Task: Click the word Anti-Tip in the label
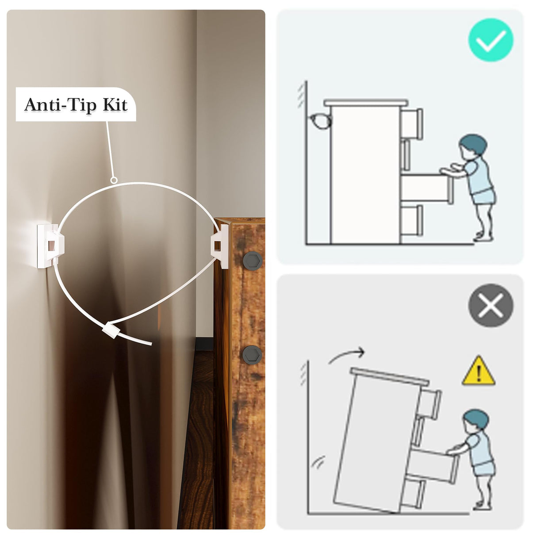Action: (x=61, y=104)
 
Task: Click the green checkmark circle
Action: (x=491, y=40)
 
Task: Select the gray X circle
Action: (x=491, y=305)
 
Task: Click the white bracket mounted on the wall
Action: (x=50, y=245)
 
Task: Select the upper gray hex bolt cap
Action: (x=253, y=260)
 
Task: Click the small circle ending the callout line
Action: (x=113, y=180)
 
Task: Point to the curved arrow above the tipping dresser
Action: (x=347, y=354)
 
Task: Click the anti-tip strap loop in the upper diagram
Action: (x=320, y=121)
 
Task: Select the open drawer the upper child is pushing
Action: (x=426, y=187)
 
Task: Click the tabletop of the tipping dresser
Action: (x=389, y=376)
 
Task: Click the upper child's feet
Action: (x=483, y=238)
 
